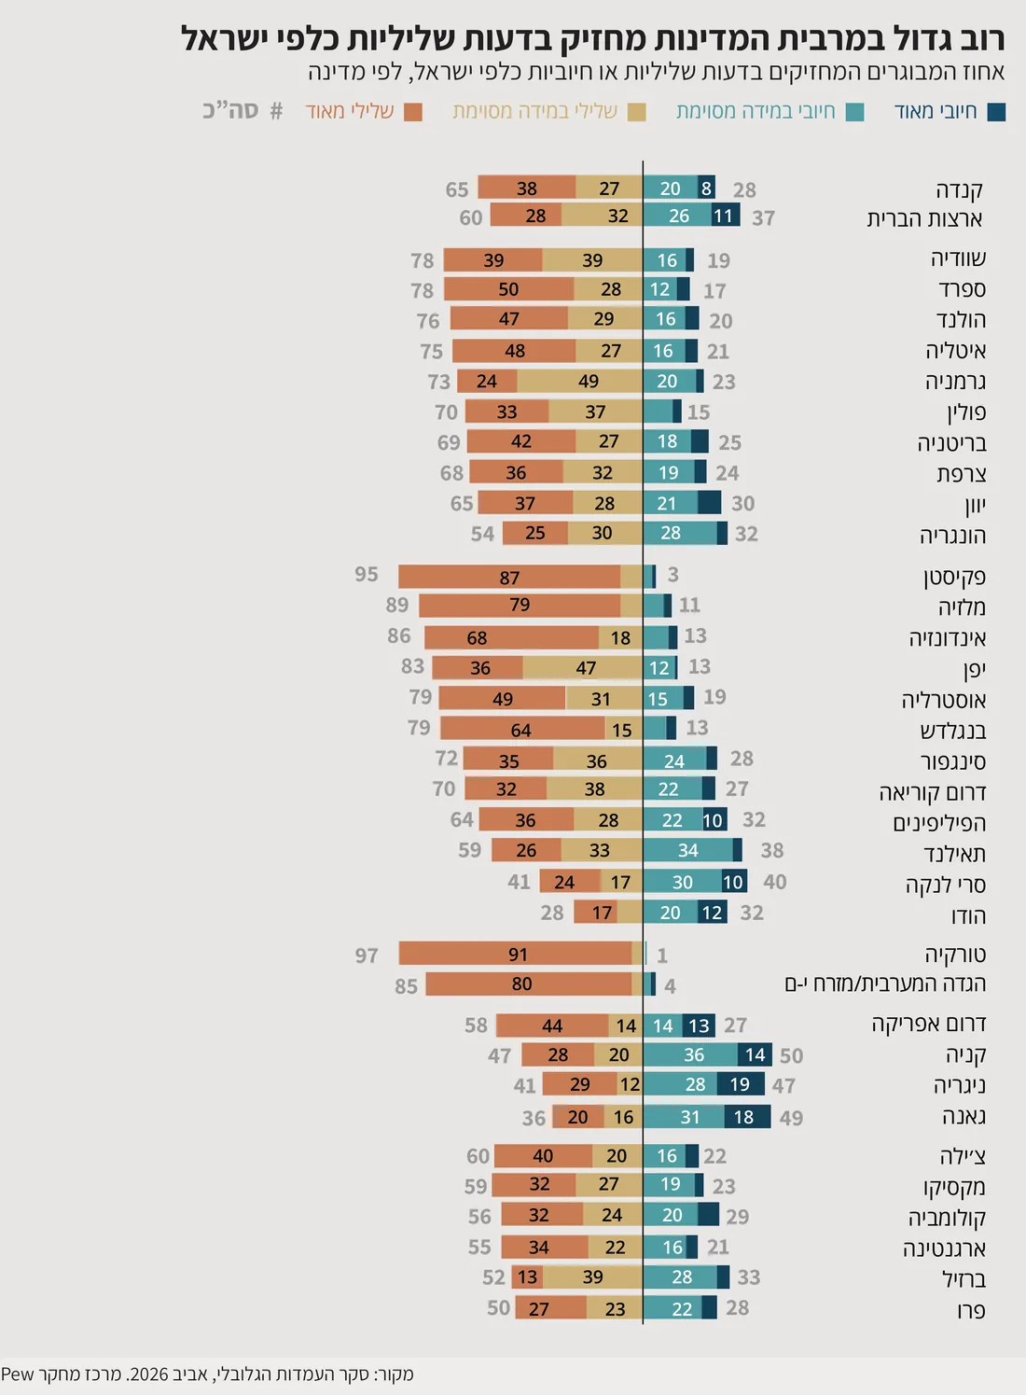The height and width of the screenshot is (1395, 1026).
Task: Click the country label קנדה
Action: pos(959,189)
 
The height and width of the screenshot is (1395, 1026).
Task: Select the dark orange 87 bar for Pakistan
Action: pos(509,577)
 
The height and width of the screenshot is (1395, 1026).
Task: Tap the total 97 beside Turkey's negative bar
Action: pos(367,956)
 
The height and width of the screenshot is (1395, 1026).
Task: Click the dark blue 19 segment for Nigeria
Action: pos(741,1084)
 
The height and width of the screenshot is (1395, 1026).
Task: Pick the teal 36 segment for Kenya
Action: pos(690,1054)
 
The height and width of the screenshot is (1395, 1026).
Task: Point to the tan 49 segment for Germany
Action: pos(579,381)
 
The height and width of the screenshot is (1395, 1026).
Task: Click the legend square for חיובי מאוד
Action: pos(996,113)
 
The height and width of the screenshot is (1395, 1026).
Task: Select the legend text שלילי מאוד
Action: pos(349,111)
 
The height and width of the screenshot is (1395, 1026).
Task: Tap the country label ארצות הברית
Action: pos(924,218)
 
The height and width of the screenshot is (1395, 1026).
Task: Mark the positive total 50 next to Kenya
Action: pos(791,1055)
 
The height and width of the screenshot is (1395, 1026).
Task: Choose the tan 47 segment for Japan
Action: pos(583,667)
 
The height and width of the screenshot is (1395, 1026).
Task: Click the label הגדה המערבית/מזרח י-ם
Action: pos(885,984)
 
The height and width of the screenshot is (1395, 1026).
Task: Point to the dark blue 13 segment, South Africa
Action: pos(699,1025)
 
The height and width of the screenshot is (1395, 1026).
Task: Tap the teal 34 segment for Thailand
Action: pos(688,850)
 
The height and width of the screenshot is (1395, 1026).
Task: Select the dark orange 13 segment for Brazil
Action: pos(527,1277)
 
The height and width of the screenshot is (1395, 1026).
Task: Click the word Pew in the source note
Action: pos(18,1374)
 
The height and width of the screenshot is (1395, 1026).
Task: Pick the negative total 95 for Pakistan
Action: pos(366,574)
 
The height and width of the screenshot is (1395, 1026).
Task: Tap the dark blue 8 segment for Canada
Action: pos(706,188)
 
